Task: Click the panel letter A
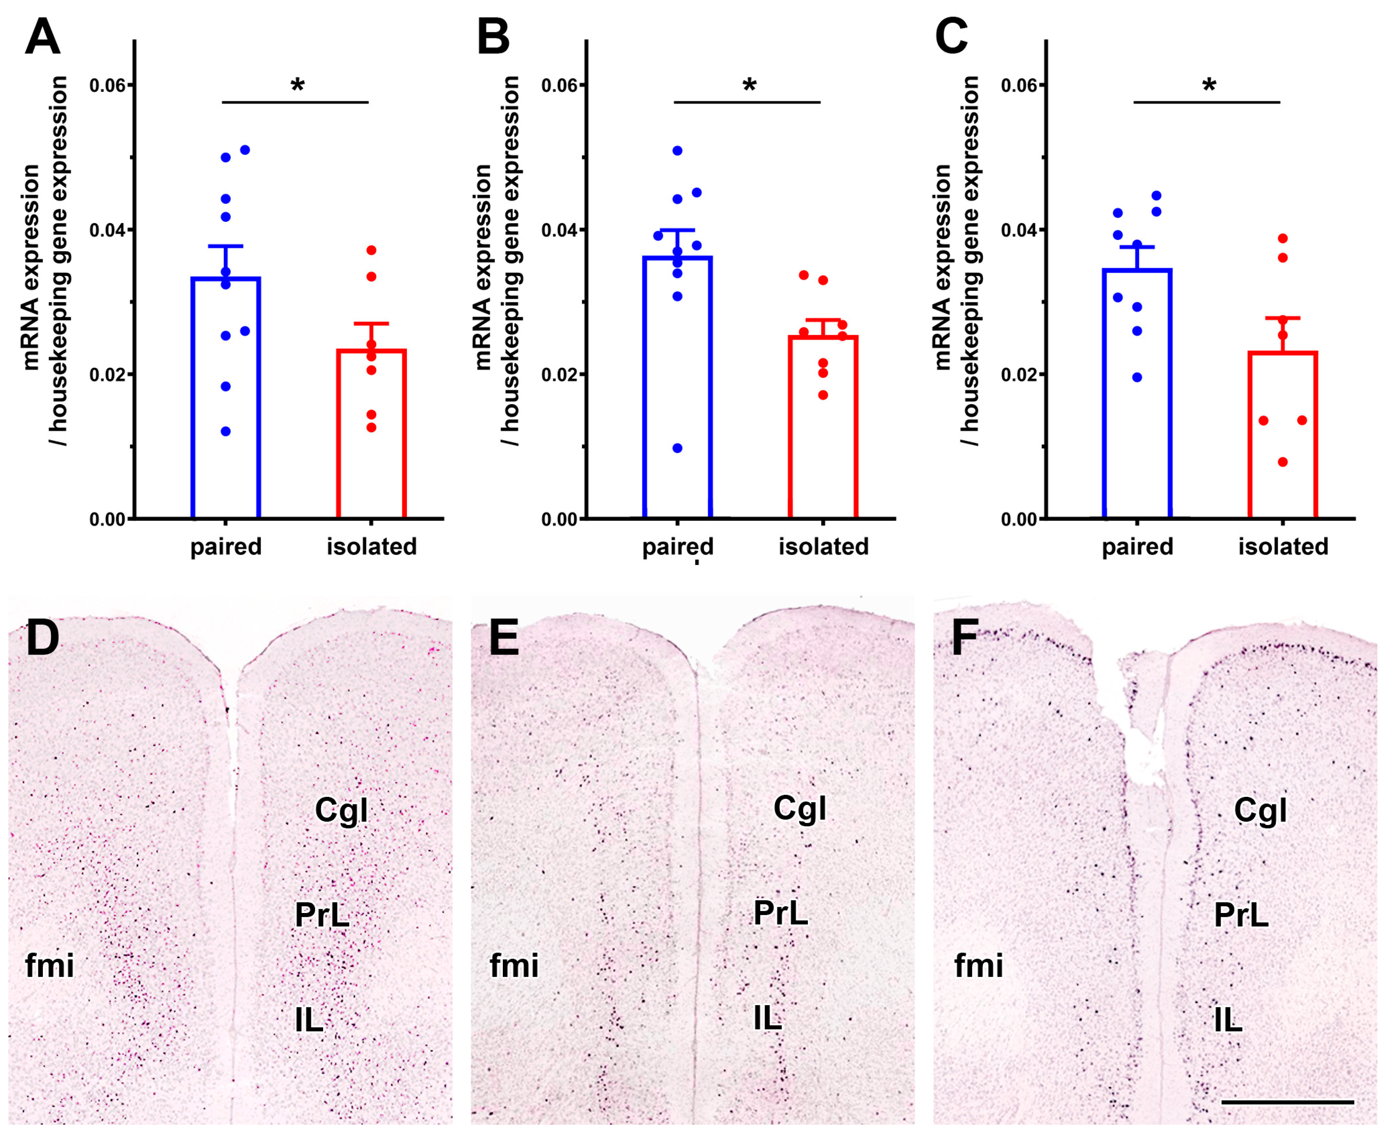pos(42,38)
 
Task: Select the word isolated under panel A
pos(372,547)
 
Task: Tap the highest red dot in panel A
pos(372,250)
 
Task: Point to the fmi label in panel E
pos(514,966)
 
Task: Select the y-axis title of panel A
pos(46,261)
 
